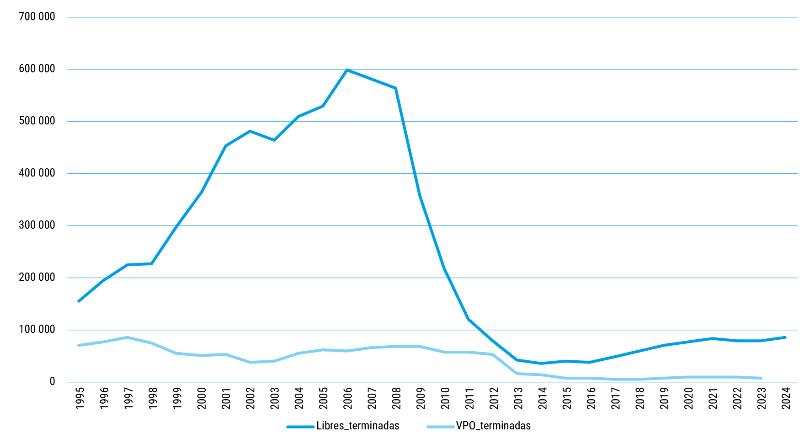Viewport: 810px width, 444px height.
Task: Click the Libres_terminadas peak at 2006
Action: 347,70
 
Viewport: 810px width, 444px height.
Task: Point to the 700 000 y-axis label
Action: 37,17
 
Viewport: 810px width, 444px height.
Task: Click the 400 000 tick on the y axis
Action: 37,173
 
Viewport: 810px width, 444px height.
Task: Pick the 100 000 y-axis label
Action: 37,330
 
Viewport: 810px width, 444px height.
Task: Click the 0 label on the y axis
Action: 52,382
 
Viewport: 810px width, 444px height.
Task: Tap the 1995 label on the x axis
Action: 80,398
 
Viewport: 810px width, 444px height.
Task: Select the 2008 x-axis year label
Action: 396,398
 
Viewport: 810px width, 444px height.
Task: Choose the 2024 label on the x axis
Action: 786,398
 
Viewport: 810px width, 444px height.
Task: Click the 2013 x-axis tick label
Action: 518,398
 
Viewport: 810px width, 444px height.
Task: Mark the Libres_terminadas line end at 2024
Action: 785,337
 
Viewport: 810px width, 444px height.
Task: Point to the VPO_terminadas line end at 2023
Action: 761,378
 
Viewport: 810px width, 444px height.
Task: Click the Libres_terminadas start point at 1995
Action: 79,301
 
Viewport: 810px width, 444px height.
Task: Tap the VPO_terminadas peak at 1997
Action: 128,337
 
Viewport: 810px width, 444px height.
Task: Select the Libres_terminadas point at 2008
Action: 395,88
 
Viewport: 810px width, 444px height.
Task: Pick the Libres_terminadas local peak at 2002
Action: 250,131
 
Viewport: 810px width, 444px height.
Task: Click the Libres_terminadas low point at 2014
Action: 542,364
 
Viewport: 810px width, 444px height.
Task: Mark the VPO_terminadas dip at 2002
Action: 250,362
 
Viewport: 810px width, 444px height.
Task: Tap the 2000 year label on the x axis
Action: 202,398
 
